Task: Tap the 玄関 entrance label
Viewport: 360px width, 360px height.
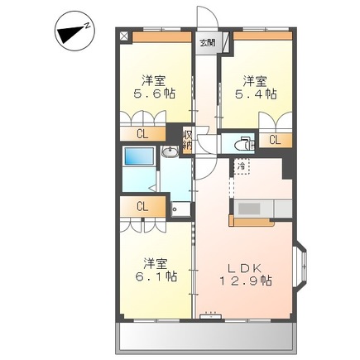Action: (207, 41)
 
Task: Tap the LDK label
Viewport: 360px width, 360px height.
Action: (243, 266)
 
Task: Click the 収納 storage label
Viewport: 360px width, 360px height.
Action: (188, 141)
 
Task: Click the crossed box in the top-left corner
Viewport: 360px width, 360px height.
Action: (124, 36)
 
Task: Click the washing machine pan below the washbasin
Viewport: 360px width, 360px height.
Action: (177, 207)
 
